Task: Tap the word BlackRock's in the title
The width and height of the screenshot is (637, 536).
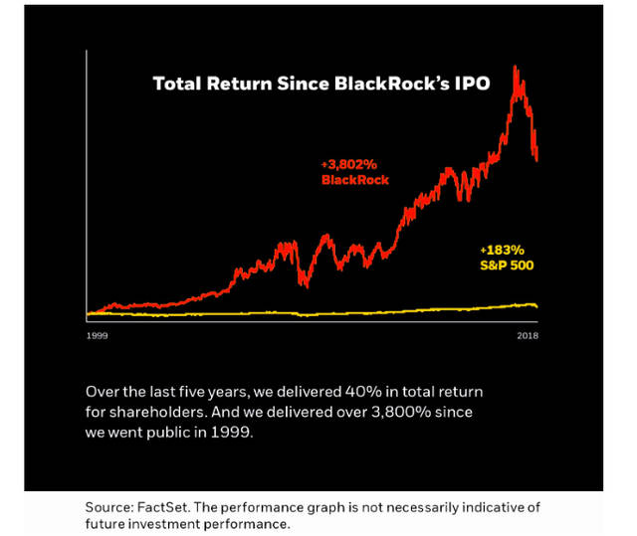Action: tap(391, 84)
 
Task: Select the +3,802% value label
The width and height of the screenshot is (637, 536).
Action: tap(349, 164)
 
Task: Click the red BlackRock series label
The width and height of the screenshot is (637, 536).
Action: tap(355, 180)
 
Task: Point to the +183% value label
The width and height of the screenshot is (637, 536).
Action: tap(502, 250)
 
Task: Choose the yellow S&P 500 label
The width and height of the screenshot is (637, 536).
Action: tap(507, 266)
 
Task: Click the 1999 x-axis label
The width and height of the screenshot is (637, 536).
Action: tap(98, 335)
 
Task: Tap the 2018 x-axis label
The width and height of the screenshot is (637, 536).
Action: tap(528, 335)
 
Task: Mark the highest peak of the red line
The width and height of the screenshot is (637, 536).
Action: tap(515, 66)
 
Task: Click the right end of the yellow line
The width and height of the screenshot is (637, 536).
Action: tap(537, 307)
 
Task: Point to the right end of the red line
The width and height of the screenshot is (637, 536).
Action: tap(537, 160)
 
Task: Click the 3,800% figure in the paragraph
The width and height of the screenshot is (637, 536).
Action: tap(401, 413)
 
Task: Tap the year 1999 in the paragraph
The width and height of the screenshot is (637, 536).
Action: tap(232, 433)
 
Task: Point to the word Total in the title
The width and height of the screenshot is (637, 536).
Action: tap(177, 84)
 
